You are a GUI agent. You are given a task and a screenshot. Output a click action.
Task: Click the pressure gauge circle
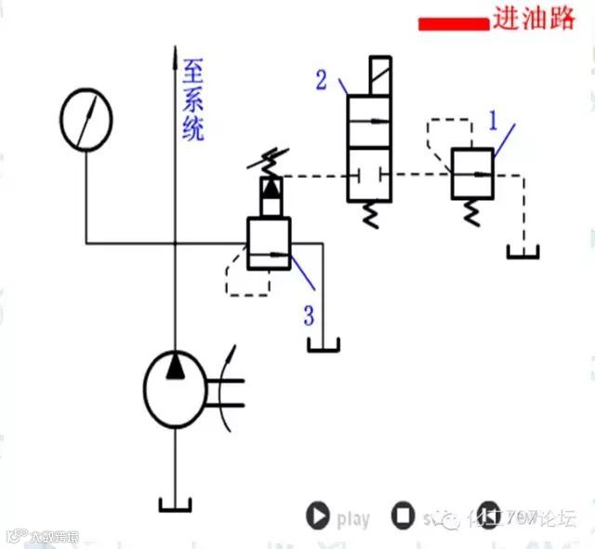[86, 120]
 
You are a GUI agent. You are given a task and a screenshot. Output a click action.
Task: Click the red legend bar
[453, 23]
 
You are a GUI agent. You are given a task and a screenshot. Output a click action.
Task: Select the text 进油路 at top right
[535, 20]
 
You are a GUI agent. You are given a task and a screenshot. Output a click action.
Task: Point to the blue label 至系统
[193, 100]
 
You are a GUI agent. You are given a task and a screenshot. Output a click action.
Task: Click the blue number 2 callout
[322, 80]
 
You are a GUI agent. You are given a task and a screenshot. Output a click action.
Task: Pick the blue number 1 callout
[495, 119]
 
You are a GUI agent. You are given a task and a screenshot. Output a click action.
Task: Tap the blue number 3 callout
[308, 315]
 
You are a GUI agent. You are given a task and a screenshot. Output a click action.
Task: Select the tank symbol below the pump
[176, 505]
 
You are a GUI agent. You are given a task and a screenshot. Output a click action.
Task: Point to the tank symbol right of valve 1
[524, 251]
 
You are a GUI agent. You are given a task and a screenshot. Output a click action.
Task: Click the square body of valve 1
[473, 173]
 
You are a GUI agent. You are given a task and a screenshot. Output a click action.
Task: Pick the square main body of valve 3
[269, 244]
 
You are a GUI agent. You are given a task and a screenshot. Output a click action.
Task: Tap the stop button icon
[403, 516]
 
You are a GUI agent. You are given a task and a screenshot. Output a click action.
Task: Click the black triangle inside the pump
[176, 369]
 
